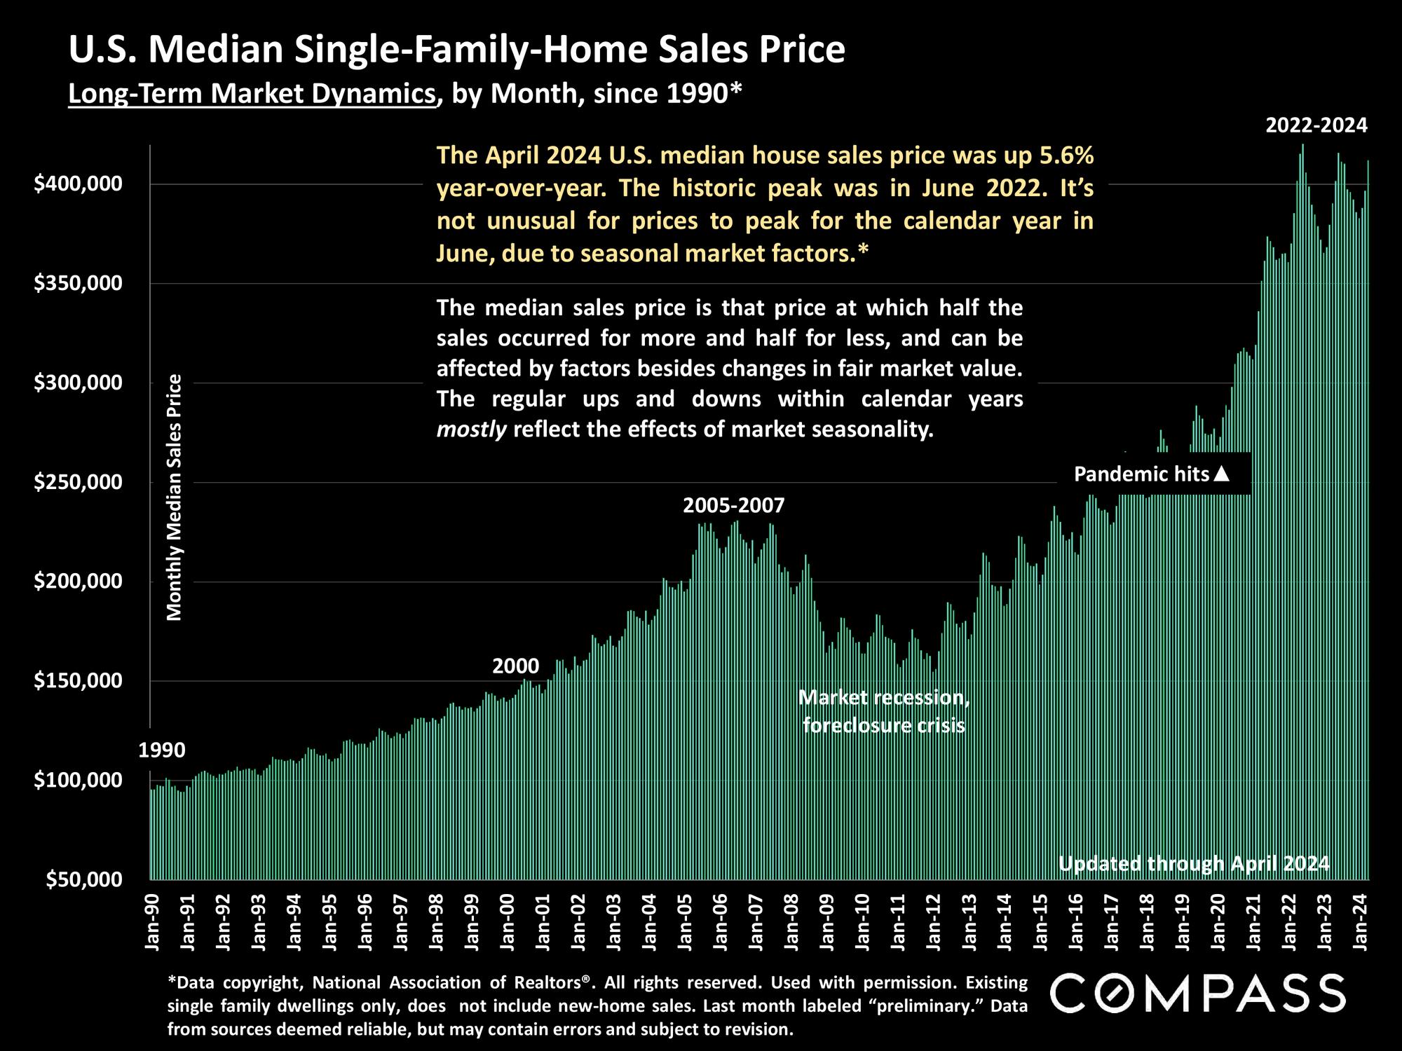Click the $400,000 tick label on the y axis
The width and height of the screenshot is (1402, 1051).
[x=78, y=184]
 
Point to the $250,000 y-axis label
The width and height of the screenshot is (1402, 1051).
[x=78, y=483]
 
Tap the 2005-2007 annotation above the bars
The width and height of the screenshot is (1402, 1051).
[x=734, y=505]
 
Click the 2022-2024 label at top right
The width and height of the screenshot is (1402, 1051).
[x=1316, y=125]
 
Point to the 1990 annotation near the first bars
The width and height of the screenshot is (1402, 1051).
[x=162, y=750]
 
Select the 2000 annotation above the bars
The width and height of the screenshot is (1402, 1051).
[x=516, y=666]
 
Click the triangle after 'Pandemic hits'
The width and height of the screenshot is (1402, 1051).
[x=1222, y=474]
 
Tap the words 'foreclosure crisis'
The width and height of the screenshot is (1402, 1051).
[x=883, y=725]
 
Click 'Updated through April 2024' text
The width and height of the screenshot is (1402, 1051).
[x=1193, y=863]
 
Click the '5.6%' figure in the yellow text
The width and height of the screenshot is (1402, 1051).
[x=1066, y=155]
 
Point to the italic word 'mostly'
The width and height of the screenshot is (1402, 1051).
[x=471, y=429]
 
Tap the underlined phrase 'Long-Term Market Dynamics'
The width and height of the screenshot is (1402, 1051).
[x=252, y=93]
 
